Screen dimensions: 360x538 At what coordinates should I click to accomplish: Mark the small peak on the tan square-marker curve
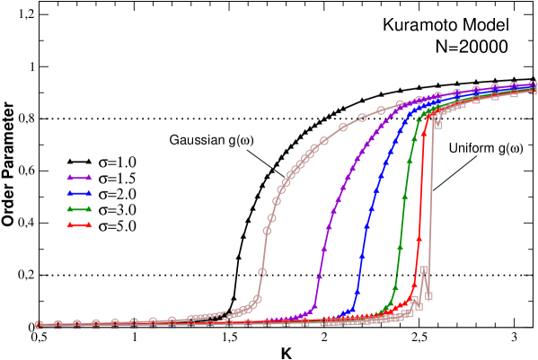tap(424, 269)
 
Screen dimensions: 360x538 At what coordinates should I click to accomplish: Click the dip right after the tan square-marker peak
tap(429, 294)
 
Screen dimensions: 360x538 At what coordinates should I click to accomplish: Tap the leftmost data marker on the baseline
tap(39, 323)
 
